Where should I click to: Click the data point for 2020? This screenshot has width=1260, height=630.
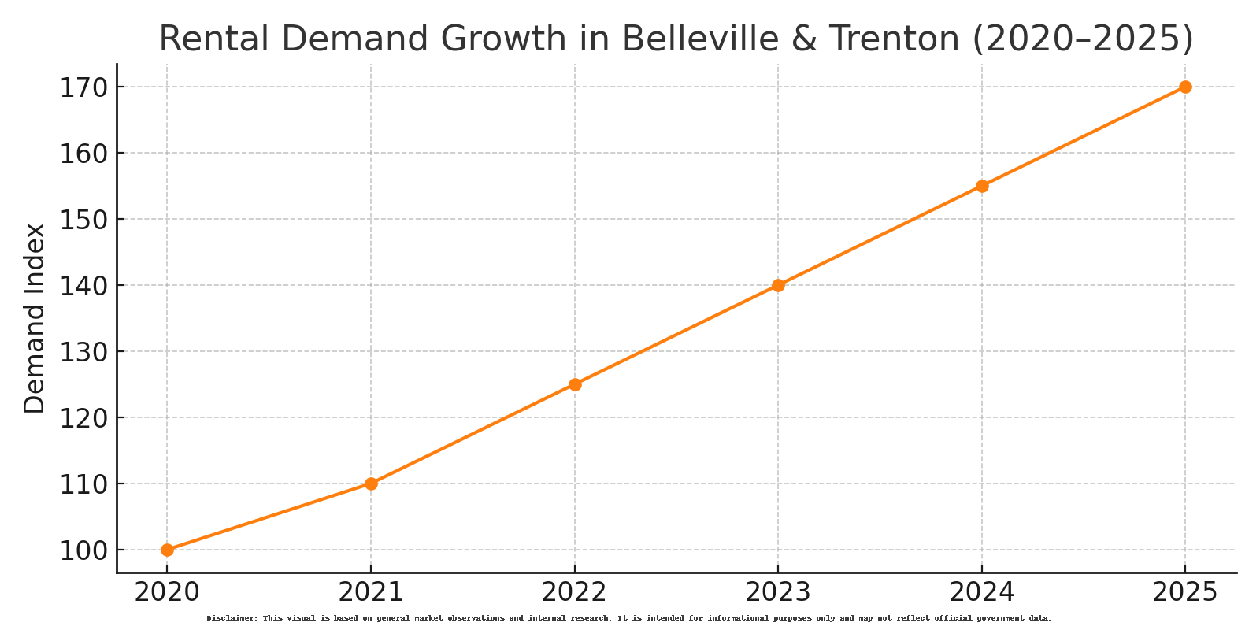coord(167,550)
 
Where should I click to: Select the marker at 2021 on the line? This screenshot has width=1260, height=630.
coord(371,484)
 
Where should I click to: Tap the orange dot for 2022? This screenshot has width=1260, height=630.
coord(575,384)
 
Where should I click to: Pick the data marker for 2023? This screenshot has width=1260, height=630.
coord(778,285)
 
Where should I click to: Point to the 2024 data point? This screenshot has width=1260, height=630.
coord(982,186)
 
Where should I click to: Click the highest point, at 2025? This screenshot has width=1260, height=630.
coord(1185,87)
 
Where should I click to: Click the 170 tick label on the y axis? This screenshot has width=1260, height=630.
coord(83,87)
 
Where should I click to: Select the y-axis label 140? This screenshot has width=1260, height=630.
coord(83,285)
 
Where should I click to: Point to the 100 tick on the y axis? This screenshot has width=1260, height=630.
coord(83,550)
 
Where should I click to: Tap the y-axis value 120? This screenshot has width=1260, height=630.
coord(83,417)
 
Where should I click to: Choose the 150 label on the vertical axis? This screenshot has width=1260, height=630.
coord(83,219)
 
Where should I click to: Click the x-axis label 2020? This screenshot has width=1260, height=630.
coord(167,592)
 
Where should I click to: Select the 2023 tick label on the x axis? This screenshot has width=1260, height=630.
coord(778,592)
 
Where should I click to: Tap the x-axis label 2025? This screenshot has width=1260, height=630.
coord(1185,592)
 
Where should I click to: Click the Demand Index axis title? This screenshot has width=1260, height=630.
coord(35,318)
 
